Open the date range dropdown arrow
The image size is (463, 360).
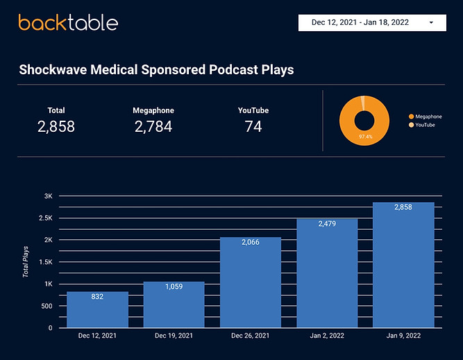432,22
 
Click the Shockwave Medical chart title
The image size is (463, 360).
156,70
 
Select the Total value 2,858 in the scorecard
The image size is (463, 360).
56,126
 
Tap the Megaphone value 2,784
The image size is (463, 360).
153,126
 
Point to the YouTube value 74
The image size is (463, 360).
253,126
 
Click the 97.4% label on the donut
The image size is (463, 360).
365,137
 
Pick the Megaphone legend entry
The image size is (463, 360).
428,117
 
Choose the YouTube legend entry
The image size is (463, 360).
425,124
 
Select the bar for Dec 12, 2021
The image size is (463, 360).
97,309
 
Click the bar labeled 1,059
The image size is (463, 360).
174,305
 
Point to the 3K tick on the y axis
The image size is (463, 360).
49,196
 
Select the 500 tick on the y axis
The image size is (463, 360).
47,306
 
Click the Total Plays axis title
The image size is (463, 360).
26,262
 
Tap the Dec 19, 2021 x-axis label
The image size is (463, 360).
174,336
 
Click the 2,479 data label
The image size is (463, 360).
327,223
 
